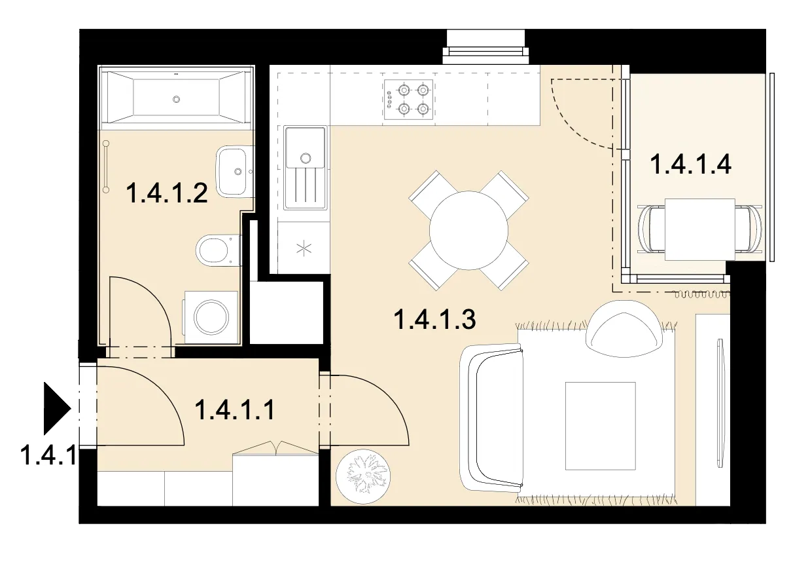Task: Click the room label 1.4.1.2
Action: (167, 193)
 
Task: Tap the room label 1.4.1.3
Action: (434, 320)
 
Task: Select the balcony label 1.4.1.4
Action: (691, 164)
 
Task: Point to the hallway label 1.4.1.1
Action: (235, 409)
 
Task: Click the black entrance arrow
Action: (57, 408)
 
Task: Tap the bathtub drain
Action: (176, 99)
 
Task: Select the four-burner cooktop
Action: (409, 100)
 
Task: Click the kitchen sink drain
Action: (306, 158)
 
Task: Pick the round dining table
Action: (468, 231)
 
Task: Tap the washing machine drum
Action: (211, 318)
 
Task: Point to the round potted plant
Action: (363, 476)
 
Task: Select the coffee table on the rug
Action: (600, 426)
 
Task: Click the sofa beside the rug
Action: (491, 419)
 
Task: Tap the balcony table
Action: (699, 229)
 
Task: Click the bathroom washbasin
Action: (235, 172)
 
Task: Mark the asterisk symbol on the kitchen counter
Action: (304, 248)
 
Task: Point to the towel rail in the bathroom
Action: (106, 166)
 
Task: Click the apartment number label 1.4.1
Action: (48, 455)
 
